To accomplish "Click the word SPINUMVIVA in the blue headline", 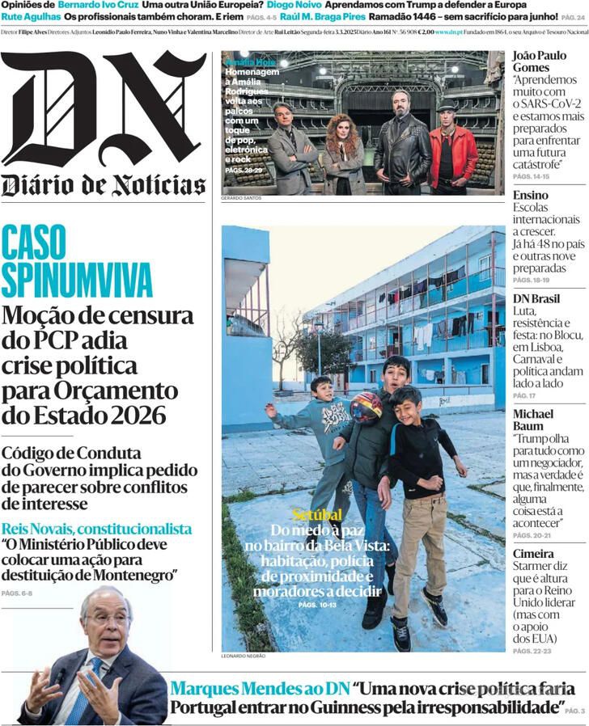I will [76, 278].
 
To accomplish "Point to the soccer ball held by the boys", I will [366, 407].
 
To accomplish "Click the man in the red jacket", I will [452, 150].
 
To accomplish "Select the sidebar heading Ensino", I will [530, 195].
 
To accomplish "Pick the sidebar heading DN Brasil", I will [536, 298].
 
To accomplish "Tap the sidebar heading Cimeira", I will [533, 554].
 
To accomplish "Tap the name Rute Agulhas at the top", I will [29, 16].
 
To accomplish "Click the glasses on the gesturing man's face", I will [108, 621].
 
